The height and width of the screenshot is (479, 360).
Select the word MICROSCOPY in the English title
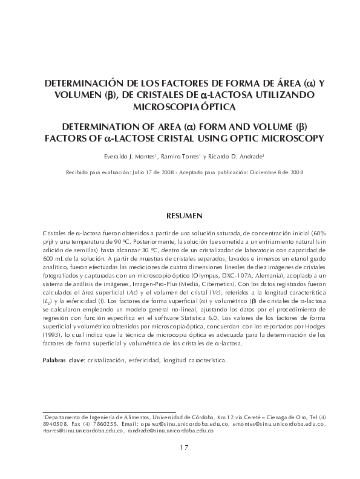[292, 138]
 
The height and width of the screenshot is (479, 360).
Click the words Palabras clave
[64, 360]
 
